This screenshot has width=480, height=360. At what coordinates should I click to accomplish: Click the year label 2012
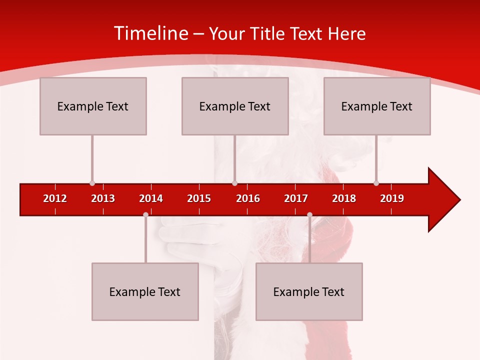point(55,198)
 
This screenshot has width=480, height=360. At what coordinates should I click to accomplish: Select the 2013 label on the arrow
point(103,198)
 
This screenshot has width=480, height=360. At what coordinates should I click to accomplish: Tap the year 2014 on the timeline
point(151,198)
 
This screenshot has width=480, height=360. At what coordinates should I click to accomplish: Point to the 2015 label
point(199,198)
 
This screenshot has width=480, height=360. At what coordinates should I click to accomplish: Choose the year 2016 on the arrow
point(248,198)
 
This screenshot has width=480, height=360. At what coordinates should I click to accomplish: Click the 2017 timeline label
point(296,198)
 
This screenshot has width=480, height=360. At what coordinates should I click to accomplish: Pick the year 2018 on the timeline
point(344,198)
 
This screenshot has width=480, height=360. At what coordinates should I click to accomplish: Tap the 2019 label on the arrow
point(392,198)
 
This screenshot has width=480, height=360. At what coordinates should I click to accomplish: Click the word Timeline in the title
point(150,33)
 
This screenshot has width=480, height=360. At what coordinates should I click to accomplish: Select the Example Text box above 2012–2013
point(93,106)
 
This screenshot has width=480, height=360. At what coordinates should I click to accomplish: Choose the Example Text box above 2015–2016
point(235,106)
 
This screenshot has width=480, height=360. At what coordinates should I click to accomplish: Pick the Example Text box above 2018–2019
point(377,106)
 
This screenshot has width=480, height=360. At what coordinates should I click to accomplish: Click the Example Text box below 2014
point(145,291)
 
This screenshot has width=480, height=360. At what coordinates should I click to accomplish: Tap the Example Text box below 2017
point(309,291)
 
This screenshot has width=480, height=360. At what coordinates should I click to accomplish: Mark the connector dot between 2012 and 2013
point(92,183)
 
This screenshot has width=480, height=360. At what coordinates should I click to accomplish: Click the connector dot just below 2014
point(145,214)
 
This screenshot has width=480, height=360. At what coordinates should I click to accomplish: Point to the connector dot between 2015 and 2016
point(234,183)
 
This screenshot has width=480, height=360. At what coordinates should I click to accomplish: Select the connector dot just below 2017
point(309,214)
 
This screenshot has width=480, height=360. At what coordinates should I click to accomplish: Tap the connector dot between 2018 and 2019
point(376,183)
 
